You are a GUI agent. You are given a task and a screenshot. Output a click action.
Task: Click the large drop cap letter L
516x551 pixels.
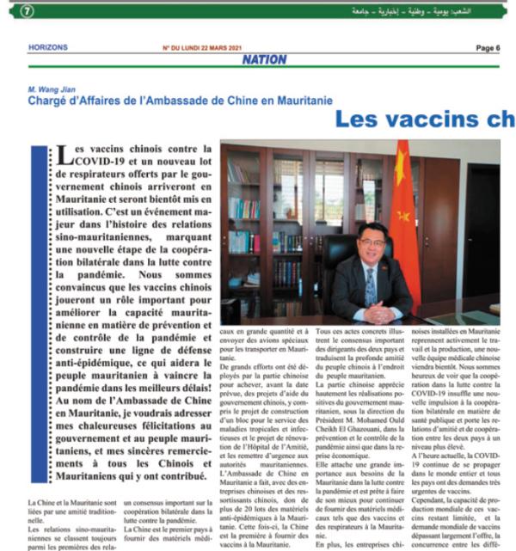63,155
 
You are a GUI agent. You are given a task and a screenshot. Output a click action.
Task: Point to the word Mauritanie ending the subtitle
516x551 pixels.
301,101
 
